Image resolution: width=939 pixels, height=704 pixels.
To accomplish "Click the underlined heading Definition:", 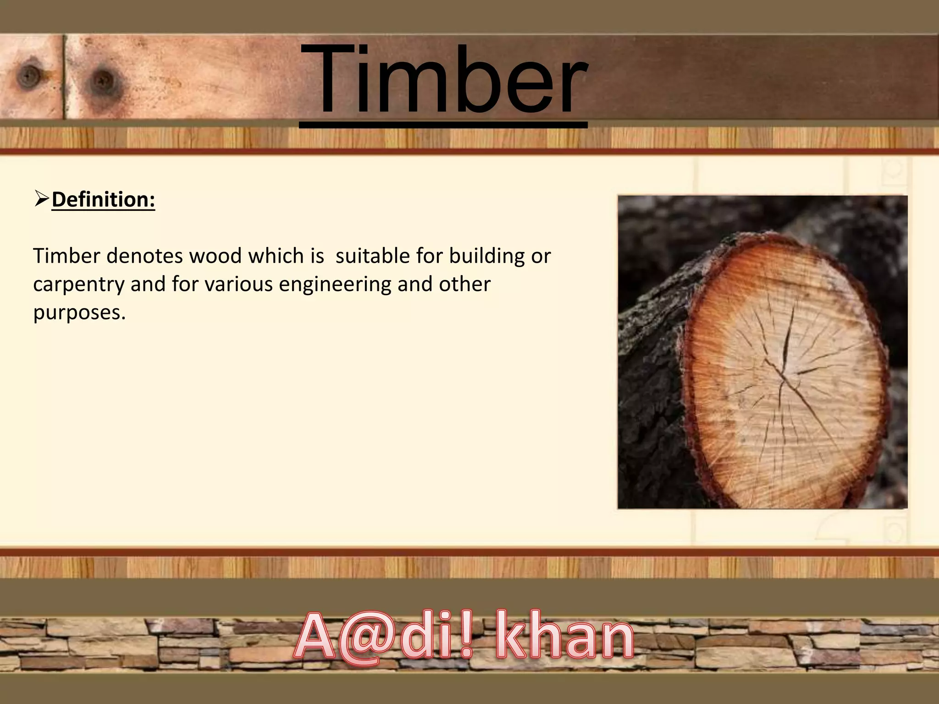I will pos(103,200).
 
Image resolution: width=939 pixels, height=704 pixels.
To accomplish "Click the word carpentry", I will pos(78,285).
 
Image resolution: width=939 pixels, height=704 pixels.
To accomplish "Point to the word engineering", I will pos(335,285).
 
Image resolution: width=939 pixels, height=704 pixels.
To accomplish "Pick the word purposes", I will pos(78,313).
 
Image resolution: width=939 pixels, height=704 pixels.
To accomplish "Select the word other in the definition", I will pos(464,285).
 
